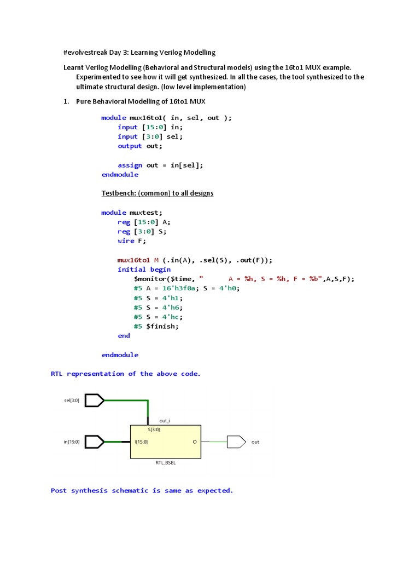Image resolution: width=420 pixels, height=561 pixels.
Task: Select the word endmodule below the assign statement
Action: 120,175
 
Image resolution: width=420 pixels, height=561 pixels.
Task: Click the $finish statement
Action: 162,327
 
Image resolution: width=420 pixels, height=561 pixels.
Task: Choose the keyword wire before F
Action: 126,241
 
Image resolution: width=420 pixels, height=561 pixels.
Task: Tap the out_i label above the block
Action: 165,421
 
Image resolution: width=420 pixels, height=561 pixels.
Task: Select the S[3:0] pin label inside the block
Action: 154,430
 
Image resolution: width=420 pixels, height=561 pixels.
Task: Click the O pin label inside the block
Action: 195,442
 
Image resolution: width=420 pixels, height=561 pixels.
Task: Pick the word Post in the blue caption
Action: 59,491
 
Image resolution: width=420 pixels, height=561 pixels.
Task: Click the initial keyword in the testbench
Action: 132,270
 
